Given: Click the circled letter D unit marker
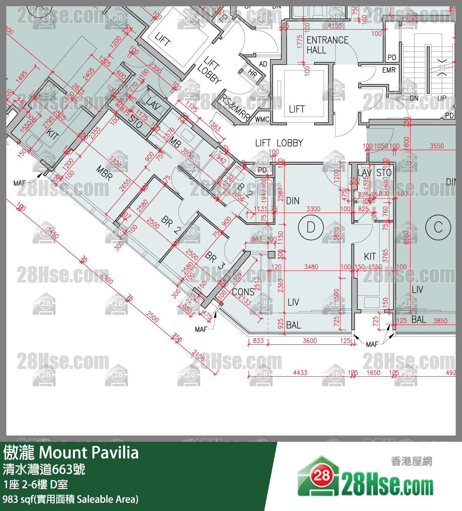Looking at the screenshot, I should click(x=311, y=227).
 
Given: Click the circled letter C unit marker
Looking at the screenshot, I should click(x=438, y=227).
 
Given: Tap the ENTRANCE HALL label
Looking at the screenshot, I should click(x=327, y=45).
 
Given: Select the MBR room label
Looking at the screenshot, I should click(x=104, y=173).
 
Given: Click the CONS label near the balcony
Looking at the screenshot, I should click(x=243, y=292).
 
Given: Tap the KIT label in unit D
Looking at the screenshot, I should click(x=370, y=257).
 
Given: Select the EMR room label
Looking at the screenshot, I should click(x=389, y=70).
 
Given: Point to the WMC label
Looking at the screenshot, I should click(x=262, y=119).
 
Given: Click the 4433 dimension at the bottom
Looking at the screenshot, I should click(x=300, y=373).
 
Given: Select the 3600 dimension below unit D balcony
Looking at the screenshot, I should click(x=309, y=341).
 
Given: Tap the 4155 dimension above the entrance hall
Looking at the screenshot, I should click(x=335, y=26).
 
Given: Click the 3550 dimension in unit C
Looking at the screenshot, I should click(x=437, y=146).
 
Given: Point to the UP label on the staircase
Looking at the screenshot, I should click(x=442, y=98).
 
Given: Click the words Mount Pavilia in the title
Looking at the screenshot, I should click(x=88, y=453).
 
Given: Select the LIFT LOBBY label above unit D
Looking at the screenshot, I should click(x=279, y=143).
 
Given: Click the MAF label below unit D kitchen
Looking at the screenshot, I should click(x=372, y=344).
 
